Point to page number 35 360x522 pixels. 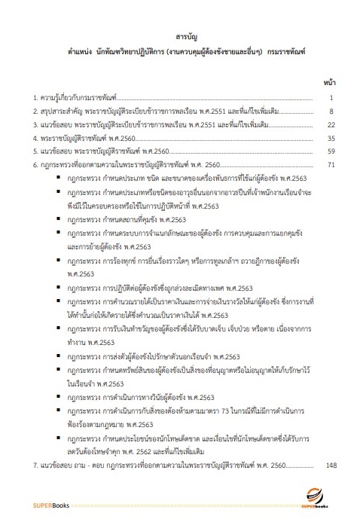tap(330, 139)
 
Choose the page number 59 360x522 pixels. tap(330, 151)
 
